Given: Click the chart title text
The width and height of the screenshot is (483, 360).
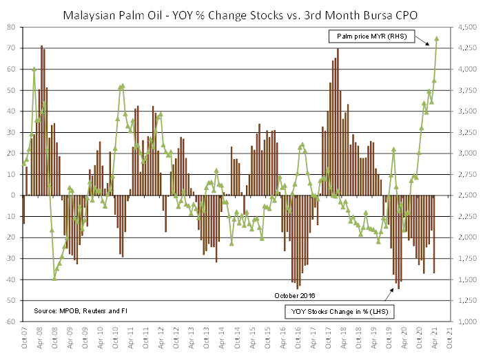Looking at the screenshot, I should coord(241,13).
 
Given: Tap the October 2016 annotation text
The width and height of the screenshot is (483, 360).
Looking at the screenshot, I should coord(295,295).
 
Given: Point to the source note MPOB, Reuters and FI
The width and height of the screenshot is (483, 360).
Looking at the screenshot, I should coord(81,311).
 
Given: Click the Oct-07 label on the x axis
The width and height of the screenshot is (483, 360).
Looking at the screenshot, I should coord(24,338).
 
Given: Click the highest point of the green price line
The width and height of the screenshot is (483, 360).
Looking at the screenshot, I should coord(438,39).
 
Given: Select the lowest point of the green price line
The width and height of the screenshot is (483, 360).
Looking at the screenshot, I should coord(54,279).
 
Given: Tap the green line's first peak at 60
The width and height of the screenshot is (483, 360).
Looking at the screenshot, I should coord(34,69).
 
